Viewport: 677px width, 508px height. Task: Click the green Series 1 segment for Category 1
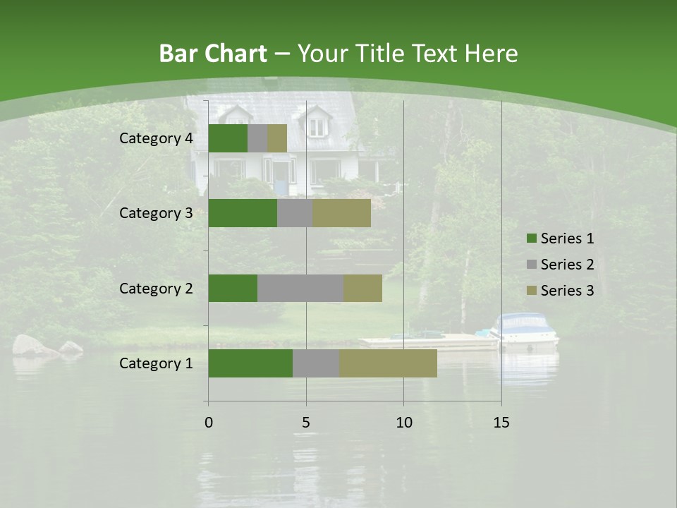click(x=250, y=363)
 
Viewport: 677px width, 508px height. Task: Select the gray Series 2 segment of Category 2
click(x=300, y=288)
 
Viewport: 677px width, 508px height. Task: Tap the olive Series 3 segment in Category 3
click(x=342, y=213)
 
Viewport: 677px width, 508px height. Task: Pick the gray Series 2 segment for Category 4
click(x=257, y=138)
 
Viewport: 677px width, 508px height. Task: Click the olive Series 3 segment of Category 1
click(x=388, y=363)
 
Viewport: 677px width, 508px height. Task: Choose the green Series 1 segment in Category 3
click(x=243, y=213)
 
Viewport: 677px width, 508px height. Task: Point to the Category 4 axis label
click(x=156, y=138)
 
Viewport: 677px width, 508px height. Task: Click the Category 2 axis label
click(x=156, y=288)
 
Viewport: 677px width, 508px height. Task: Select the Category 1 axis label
click(x=156, y=363)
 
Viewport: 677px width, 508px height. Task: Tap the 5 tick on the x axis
click(x=306, y=423)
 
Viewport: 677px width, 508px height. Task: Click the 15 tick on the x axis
click(x=501, y=423)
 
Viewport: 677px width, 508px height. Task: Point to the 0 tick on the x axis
click(x=208, y=423)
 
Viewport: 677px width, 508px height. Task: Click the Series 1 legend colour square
click(x=531, y=238)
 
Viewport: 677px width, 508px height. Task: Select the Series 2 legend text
click(x=567, y=265)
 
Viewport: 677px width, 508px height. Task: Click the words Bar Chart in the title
click(x=213, y=54)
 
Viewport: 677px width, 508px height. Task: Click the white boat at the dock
click(x=525, y=330)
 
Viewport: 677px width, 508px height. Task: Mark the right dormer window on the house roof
click(x=318, y=125)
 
